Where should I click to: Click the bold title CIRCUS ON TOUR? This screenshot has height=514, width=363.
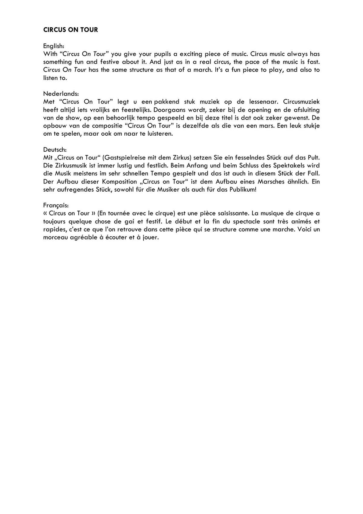point(70,30)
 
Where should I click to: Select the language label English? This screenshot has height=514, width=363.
point(54,46)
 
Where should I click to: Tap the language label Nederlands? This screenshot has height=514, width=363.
point(61,94)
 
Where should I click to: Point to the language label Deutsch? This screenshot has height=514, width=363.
point(55,150)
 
